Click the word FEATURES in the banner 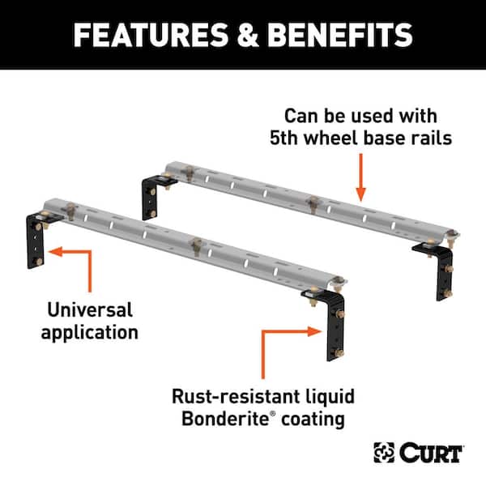(151, 35)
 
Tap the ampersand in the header (248, 35)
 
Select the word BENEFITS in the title (340, 35)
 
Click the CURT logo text (431, 453)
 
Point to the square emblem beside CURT (384, 453)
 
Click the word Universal (90, 309)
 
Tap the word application (90, 333)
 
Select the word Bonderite (225, 419)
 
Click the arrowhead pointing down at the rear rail (360, 194)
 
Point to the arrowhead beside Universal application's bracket (56, 251)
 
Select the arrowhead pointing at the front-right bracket (314, 331)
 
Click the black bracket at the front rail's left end (35, 241)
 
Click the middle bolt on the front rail (196, 245)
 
